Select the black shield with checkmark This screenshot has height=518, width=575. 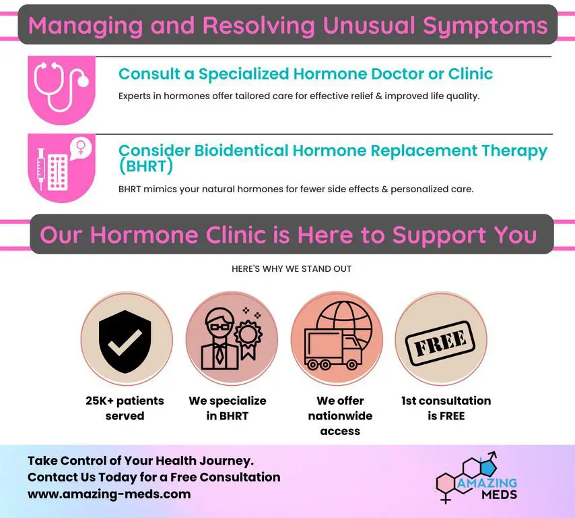(126, 337)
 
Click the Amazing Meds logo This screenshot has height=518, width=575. (478, 480)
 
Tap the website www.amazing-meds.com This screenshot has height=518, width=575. (109, 494)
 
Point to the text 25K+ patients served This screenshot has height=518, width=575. (125, 408)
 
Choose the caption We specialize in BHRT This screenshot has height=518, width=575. (228, 408)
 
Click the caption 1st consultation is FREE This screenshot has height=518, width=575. (446, 408)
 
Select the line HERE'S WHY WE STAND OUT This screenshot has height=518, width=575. (292, 268)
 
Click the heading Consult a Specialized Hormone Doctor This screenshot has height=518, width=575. (306, 74)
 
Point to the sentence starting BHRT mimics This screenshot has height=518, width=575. (296, 189)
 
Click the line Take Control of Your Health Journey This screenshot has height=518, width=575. (140, 461)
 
